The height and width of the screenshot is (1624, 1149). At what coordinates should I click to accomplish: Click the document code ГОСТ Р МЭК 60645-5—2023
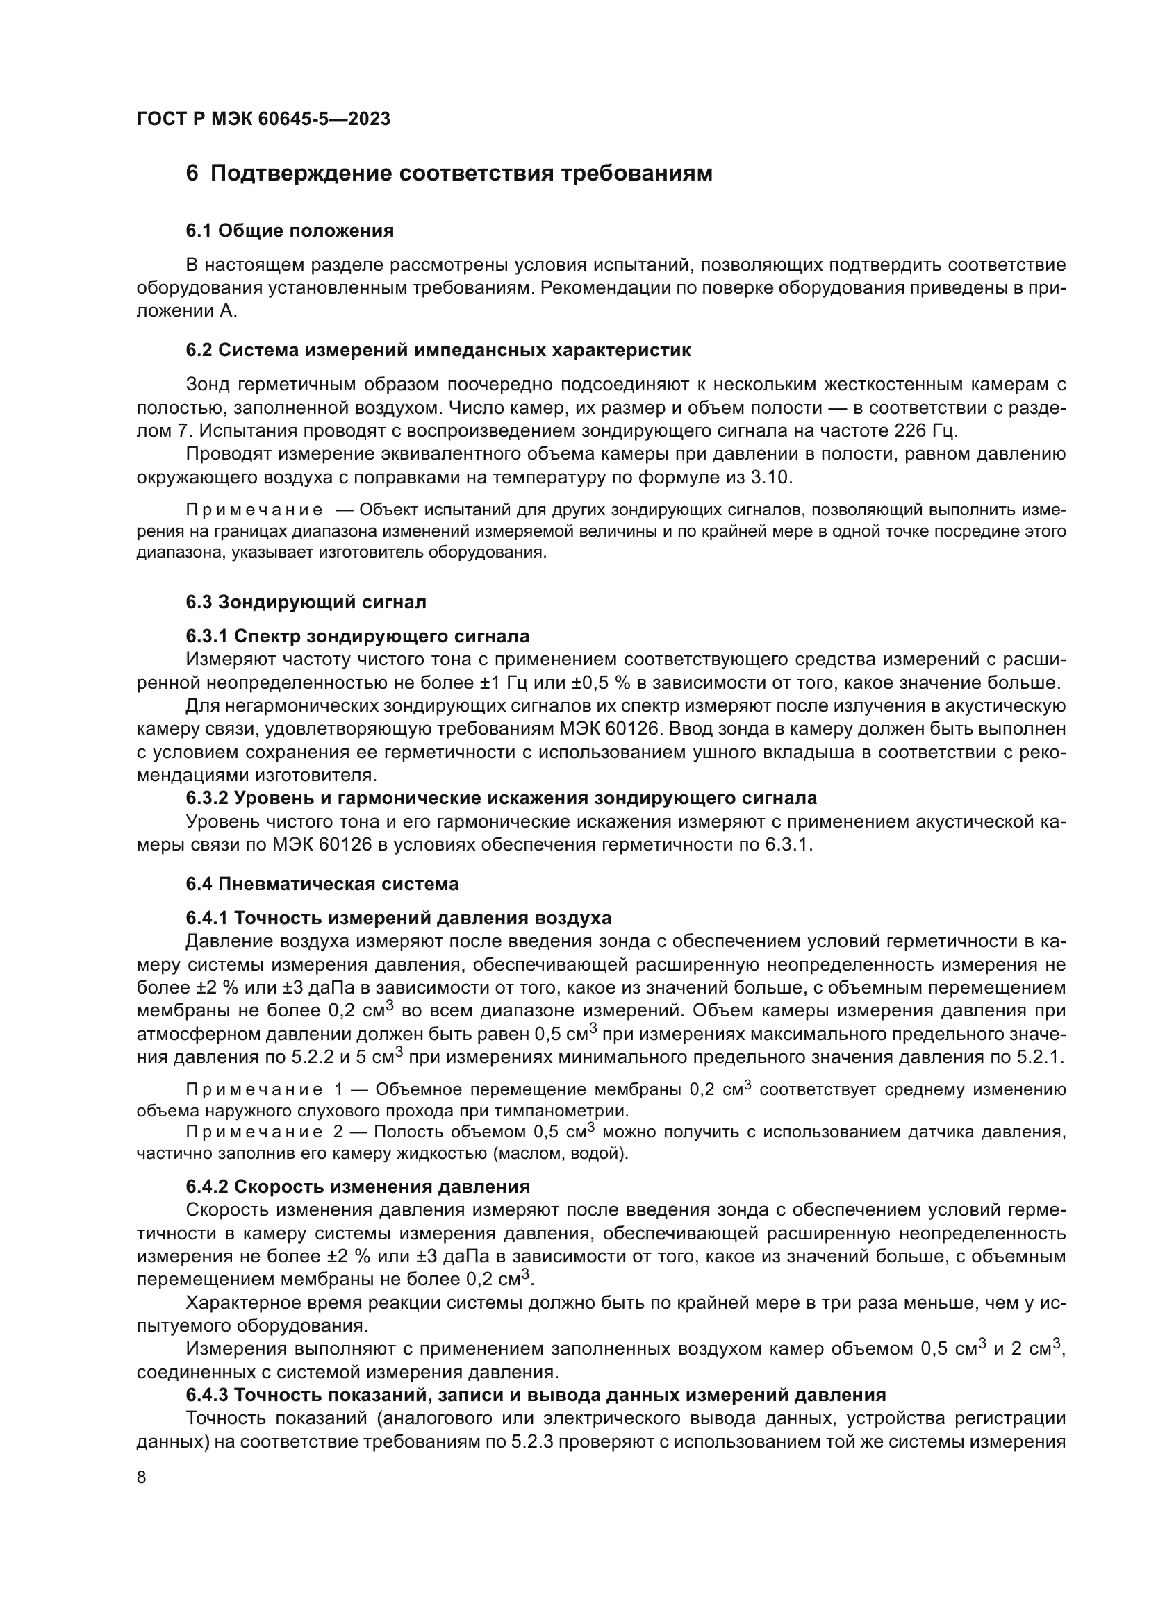pos(263,119)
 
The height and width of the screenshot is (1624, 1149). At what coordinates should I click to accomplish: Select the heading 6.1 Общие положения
pos(290,231)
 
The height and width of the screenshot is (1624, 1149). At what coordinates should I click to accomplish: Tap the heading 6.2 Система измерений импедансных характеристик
pos(438,350)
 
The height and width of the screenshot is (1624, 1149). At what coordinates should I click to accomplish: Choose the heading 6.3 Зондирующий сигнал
pos(306,603)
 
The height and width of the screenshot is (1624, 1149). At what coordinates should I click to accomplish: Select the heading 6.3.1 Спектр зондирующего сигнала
pos(357,636)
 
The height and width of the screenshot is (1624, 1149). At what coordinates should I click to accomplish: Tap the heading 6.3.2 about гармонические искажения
pos(501,798)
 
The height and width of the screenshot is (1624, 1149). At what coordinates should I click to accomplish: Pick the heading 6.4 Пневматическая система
pos(322,884)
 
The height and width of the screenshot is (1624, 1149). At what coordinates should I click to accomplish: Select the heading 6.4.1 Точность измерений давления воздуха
pos(398,918)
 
